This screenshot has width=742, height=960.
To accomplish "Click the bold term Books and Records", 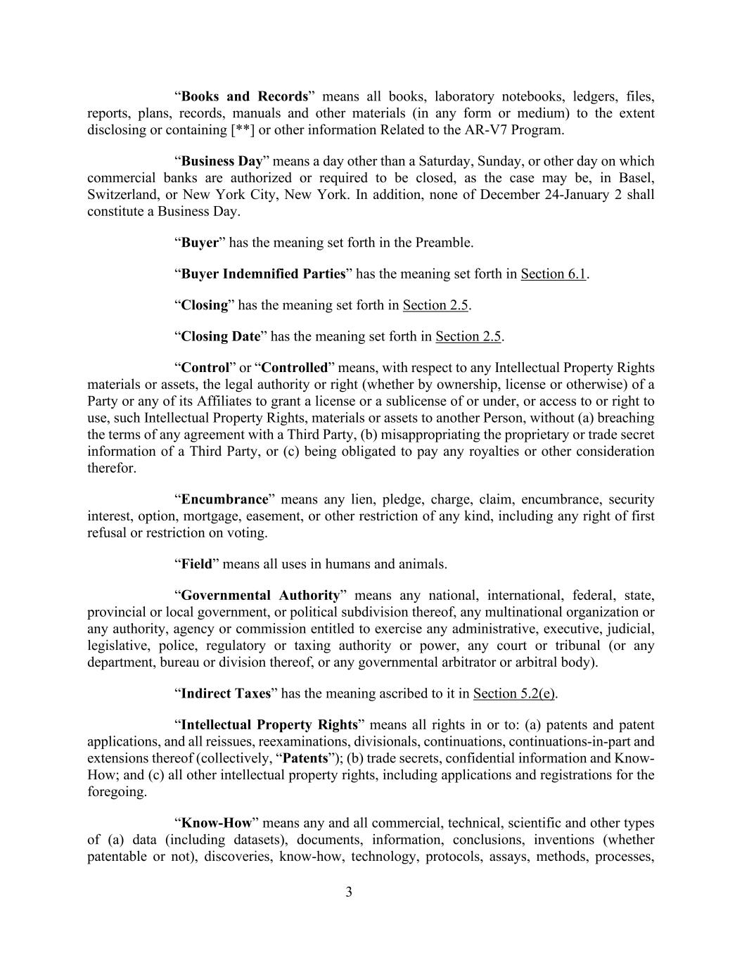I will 245,96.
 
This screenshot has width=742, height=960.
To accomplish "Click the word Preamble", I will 443,243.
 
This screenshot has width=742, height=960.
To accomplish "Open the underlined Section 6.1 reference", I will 553,274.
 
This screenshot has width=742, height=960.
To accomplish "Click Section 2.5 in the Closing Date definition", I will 468,337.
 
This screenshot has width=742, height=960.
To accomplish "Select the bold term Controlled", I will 295,368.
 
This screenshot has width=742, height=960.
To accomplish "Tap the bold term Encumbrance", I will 225,499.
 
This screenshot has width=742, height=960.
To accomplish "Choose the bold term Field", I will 196,564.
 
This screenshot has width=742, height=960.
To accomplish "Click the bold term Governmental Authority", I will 260,596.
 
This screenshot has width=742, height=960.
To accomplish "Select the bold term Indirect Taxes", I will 226,694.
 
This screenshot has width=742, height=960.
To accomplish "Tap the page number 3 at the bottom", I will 349,892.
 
